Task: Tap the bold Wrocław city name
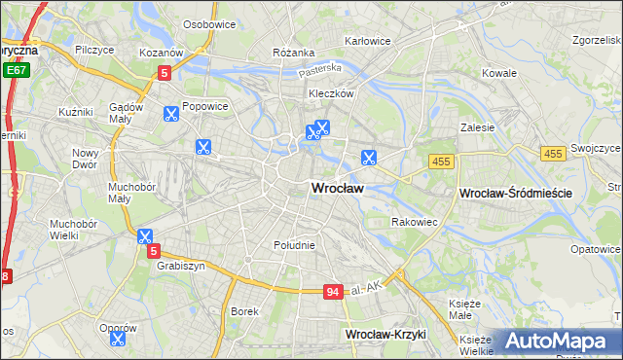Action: tap(338, 189)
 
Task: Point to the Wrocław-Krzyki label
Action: tap(386, 334)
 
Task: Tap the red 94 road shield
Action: tap(334, 291)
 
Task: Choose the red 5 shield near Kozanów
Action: tap(165, 71)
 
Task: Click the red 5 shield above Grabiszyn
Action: tap(153, 251)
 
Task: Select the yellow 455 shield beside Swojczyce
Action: tap(553, 154)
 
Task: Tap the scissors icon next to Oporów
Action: tap(118, 338)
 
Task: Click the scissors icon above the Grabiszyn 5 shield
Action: tap(145, 235)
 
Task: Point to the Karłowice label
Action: tap(368, 42)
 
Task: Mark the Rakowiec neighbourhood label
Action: tap(414, 222)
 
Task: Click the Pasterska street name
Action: tap(320, 70)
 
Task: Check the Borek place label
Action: tap(243, 311)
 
